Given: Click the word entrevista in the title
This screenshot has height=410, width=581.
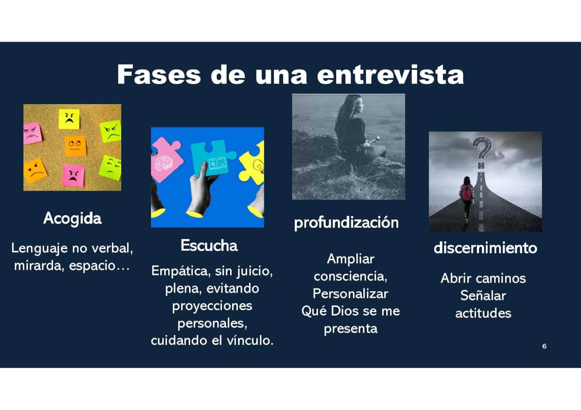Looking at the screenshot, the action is coord(390,75).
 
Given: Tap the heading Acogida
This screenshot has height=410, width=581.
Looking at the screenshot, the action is coord(72,218).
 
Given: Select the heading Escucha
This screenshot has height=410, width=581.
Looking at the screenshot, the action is coord(209,245).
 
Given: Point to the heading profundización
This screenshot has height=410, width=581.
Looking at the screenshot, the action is coord(346,223).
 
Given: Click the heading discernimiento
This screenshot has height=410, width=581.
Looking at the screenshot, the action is coord(485,248).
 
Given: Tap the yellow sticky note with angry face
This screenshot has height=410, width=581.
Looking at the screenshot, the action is coord(69,119).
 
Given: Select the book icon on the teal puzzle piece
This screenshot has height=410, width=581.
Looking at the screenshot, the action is coord(218,164).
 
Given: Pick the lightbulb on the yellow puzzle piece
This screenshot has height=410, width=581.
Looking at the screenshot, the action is coord(259,166).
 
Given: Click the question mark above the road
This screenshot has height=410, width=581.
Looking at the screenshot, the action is coord(482,148).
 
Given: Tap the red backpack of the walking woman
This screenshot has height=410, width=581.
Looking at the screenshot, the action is coord(466,192).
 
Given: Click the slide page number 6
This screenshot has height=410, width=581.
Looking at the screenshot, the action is coord(544,346).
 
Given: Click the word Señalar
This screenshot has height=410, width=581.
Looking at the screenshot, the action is coord(483,296).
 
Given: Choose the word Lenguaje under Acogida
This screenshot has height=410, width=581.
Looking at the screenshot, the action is coord(40,249).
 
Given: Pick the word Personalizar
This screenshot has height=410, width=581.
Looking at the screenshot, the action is coord(351,294).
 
